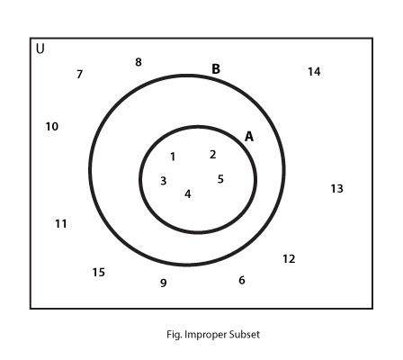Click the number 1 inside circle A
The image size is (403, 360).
coord(173,157)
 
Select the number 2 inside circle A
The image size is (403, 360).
coord(212,155)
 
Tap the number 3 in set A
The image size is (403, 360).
coord(163,181)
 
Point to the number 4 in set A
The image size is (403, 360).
coord(188,194)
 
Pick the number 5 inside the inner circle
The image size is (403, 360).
coord(220,179)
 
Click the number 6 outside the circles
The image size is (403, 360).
coord(242,280)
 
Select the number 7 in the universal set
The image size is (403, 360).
coord(79,74)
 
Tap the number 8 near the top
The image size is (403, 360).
coord(139,62)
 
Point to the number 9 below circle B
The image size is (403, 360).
coord(163,283)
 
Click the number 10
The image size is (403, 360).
coord(52,127)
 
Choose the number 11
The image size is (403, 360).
coord(61,224)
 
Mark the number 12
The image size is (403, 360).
coord(289,259)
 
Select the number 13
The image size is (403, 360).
coord(336,189)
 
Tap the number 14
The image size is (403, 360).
coord(314,72)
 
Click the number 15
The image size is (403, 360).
coord(98,273)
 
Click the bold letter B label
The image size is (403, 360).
coord(216,69)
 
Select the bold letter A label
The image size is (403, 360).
coord(249,137)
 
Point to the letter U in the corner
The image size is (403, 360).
coord(40,49)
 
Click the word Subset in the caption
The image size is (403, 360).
coord(244,334)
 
